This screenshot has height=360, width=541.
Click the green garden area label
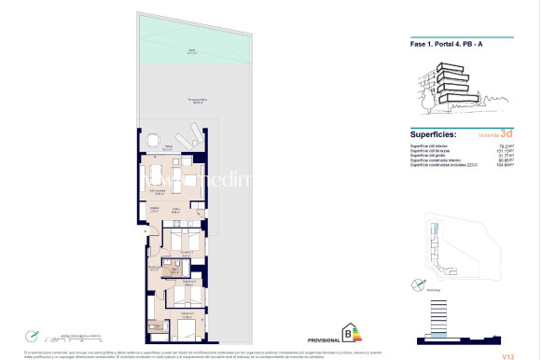(x=190, y=52)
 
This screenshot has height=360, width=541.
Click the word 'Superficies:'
(x=434, y=134)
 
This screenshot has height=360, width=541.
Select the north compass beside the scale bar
(x=34, y=335)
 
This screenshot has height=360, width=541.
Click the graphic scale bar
(x=79, y=337)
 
